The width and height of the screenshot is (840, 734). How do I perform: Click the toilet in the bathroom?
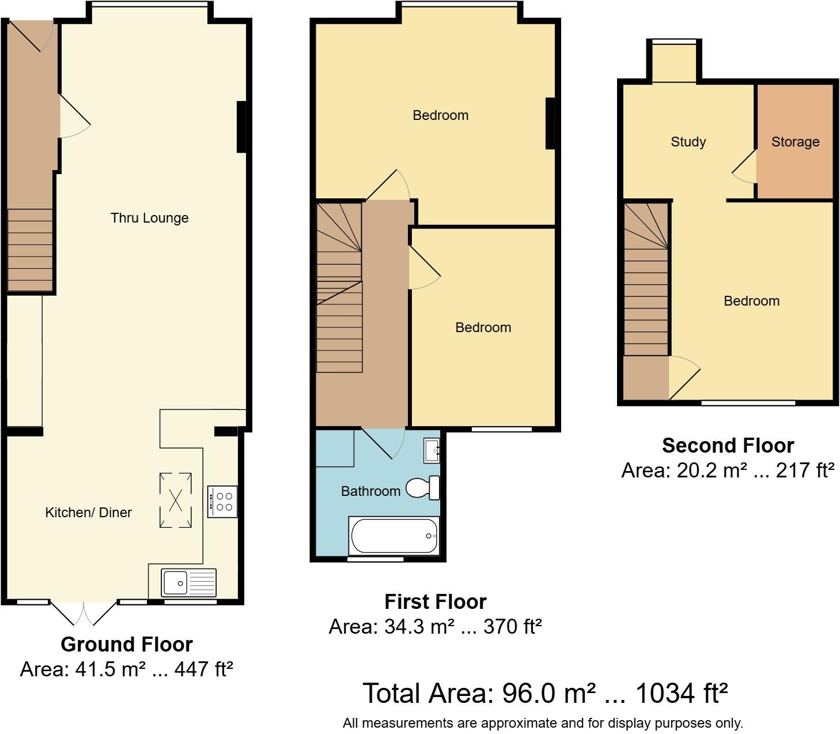coord(423,488)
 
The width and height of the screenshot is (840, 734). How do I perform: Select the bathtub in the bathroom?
coord(394,536)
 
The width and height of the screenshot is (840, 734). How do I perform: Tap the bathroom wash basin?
coord(432,450)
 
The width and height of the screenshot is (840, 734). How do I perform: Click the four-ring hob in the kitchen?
coord(222,501)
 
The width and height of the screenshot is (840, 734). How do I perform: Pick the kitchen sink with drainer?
coord(188,582)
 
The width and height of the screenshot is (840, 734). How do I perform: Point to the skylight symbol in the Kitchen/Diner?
coord(175,500)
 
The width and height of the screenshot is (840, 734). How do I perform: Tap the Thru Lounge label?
coord(149,218)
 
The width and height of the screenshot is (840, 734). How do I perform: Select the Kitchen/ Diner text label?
coord(88,513)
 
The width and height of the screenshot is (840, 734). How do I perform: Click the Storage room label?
coord(795,142)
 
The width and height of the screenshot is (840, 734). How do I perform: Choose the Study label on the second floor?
coord(688,142)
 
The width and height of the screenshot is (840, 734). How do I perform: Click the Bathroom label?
coord(370,491)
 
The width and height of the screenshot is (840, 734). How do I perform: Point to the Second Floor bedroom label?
coord(751,301)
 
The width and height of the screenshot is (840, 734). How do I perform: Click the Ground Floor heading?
coord(126,644)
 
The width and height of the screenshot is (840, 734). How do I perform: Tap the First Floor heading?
coord(435,602)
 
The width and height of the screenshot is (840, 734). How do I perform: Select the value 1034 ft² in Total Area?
coord(681,694)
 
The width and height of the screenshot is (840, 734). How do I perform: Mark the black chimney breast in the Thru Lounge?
coord(241,127)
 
